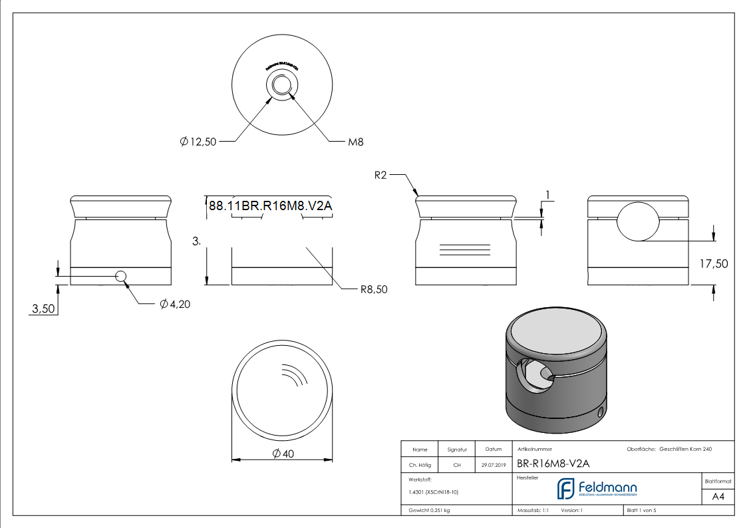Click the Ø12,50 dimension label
click(x=198, y=142)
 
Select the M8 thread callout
click(x=355, y=142)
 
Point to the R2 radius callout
click(x=380, y=176)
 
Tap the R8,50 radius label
click(x=373, y=289)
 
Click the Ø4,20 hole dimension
click(x=176, y=304)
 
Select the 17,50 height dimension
click(x=714, y=263)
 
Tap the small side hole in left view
click(x=121, y=276)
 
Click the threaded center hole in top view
click(x=282, y=85)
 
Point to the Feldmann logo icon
click(x=566, y=488)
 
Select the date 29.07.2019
click(x=493, y=465)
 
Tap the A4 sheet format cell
click(x=718, y=496)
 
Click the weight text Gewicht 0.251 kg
click(x=430, y=510)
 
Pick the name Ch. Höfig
click(x=419, y=465)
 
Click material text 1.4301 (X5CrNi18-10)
click(x=433, y=492)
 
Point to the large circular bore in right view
click(x=638, y=220)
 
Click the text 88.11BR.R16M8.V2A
click(x=270, y=206)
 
